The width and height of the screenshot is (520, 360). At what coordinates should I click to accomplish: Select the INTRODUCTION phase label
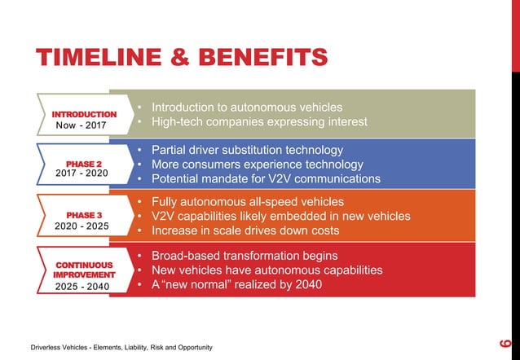point(85,114)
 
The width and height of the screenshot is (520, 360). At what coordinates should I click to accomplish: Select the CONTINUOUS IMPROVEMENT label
point(85,270)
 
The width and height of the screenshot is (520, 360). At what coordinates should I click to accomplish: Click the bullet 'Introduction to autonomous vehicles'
point(245,108)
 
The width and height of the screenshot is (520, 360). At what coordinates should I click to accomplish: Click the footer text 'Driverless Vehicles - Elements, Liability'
point(96,348)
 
